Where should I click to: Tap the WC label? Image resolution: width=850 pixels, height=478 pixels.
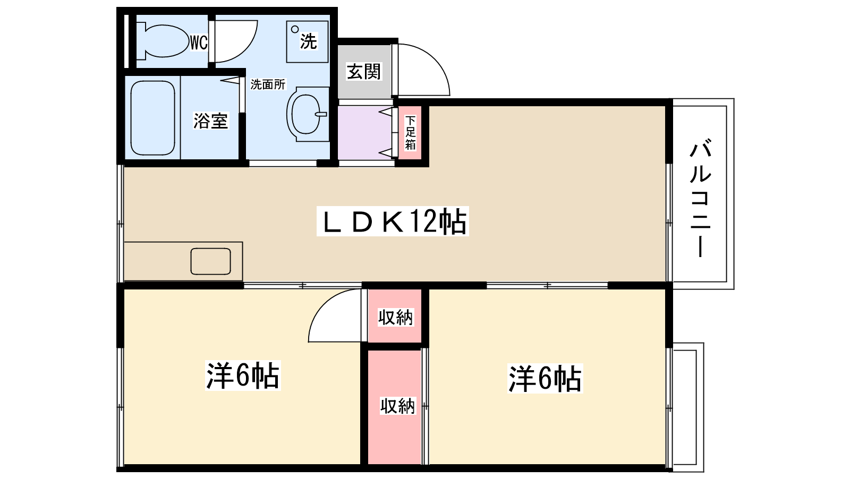(199, 42)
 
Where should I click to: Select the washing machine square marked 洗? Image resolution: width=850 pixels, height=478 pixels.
(307, 42)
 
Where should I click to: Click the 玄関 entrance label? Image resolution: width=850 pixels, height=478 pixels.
(364, 72)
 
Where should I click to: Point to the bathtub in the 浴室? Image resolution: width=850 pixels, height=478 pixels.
(152, 118)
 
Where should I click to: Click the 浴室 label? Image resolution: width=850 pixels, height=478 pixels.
(210, 121)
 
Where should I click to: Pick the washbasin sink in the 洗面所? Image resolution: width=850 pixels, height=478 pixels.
(307, 114)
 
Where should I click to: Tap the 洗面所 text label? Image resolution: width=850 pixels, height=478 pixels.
(268, 84)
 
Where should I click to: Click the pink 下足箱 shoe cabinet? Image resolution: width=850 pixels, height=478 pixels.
(411, 133)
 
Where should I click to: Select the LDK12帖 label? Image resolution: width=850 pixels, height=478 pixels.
(393, 221)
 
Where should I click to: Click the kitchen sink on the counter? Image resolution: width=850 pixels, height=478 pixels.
(211, 261)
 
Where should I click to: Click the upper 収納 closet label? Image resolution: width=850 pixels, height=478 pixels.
(395, 317)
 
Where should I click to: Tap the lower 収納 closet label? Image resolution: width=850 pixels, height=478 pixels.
(397, 406)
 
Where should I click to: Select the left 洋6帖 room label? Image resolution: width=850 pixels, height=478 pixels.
(242, 375)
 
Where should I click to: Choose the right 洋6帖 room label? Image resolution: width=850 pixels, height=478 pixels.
(545, 378)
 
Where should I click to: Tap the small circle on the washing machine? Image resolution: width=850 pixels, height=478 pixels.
(295, 30)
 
